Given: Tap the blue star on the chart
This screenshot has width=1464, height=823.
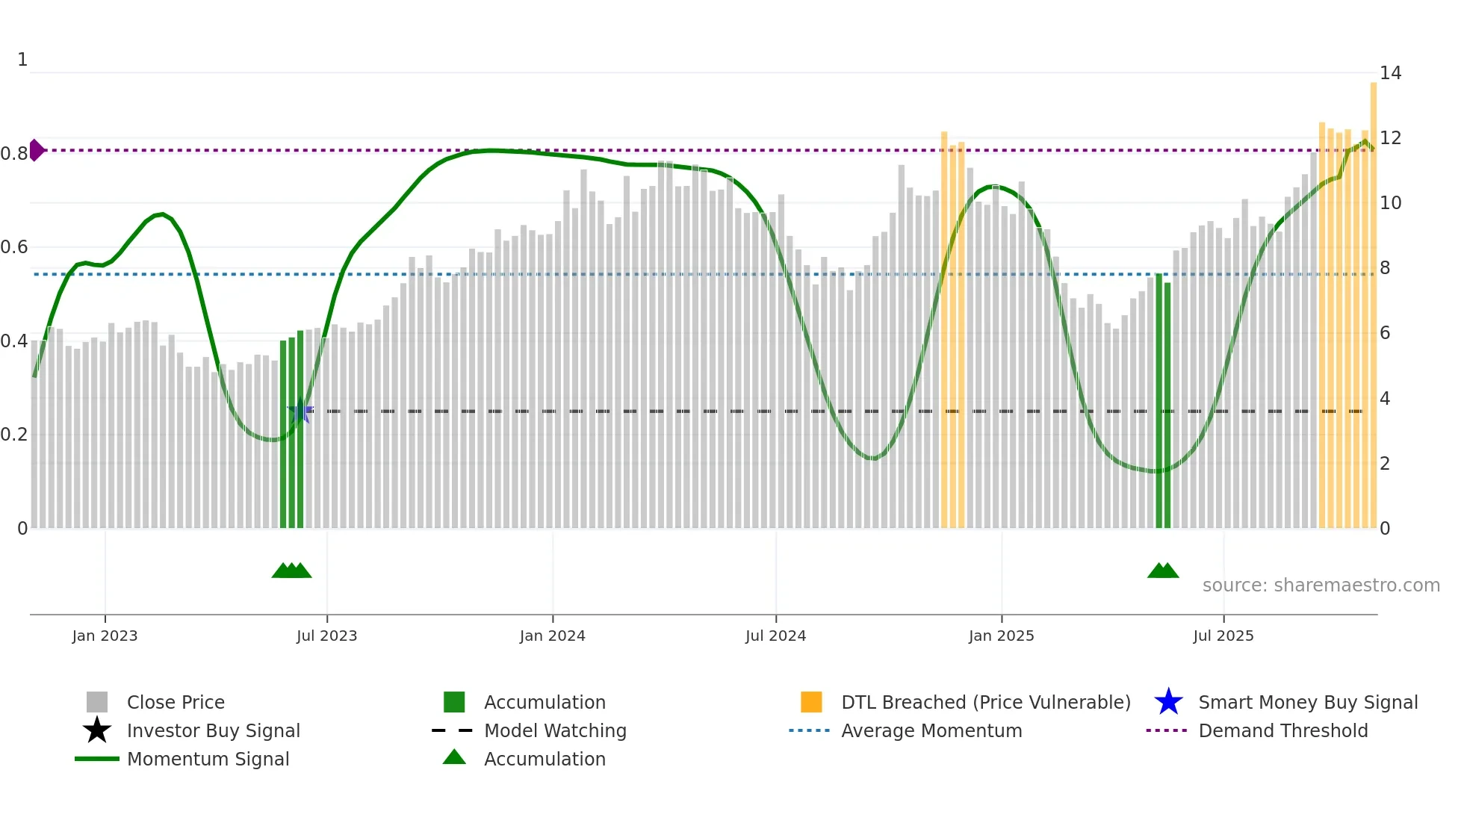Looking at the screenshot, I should click(300, 411).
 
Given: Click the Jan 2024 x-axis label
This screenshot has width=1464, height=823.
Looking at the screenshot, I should click(552, 636).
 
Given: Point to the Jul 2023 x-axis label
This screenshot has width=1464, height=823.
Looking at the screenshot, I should click(326, 636).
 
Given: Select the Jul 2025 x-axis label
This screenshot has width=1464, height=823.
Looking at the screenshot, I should click(1223, 636).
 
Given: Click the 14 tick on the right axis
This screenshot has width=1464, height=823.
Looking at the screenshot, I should click(1390, 73).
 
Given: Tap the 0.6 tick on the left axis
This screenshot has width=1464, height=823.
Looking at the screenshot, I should click(13, 247).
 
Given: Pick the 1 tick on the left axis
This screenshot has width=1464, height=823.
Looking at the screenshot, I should click(22, 60).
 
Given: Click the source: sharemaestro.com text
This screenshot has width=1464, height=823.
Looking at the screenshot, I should click(1321, 585).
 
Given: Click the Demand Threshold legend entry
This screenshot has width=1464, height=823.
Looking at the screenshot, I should click(1282, 730).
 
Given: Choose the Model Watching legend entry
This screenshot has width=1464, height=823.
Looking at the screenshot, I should click(554, 730).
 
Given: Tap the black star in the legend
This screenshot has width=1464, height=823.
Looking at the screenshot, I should click(97, 730).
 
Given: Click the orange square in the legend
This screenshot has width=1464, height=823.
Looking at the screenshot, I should click(811, 702).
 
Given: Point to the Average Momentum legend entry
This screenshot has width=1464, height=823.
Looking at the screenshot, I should click(931, 730).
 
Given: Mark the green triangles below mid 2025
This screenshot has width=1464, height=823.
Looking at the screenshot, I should click(1163, 571).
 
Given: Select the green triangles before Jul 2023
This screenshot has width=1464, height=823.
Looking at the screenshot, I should click(291, 571).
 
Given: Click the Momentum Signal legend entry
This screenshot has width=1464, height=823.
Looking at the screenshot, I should click(208, 759).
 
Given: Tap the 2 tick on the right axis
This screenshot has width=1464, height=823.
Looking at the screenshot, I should click(1385, 464).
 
